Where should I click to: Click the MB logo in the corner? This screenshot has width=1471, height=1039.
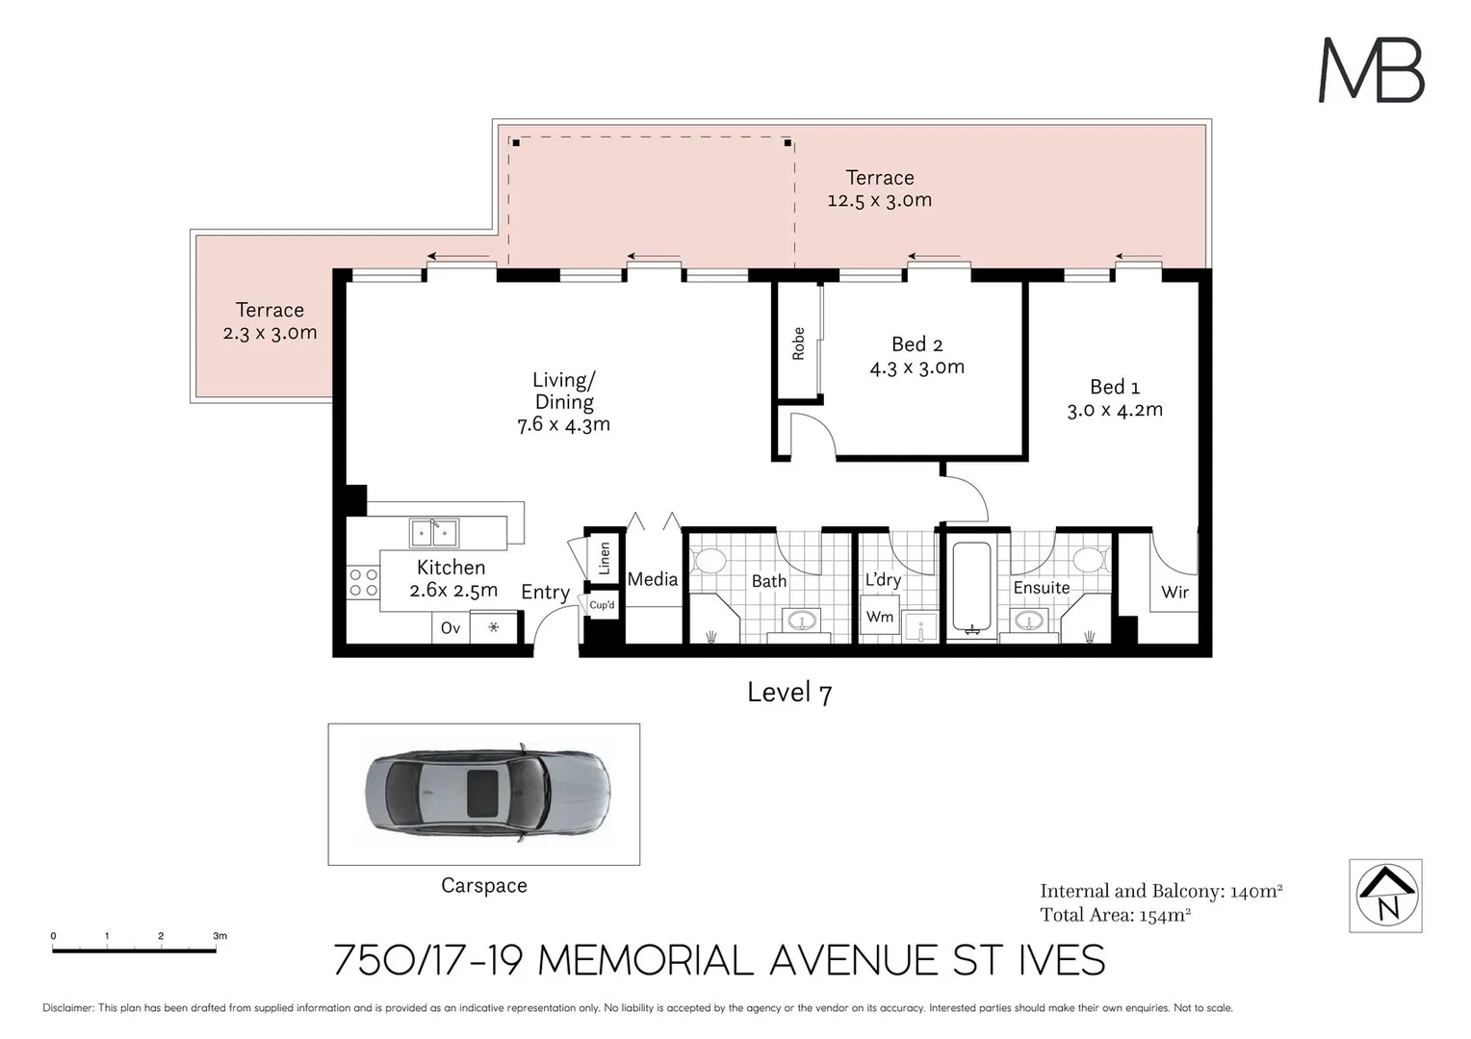pyautogui.click(x=1370, y=70)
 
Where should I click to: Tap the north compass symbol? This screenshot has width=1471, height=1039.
pyautogui.click(x=1385, y=896)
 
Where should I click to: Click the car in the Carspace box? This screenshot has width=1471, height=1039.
pyautogui.click(x=486, y=794)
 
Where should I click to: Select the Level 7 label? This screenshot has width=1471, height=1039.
pyautogui.click(x=788, y=693)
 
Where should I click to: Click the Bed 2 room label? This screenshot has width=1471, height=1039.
pyautogui.click(x=916, y=344)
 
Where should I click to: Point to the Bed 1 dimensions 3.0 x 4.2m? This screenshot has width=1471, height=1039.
pyautogui.click(x=1114, y=410)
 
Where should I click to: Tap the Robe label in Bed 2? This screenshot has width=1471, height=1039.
pyautogui.click(x=798, y=343)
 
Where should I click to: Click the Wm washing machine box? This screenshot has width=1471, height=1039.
pyautogui.click(x=879, y=617)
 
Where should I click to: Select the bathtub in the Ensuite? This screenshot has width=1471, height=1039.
pyautogui.click(x=970, y=588)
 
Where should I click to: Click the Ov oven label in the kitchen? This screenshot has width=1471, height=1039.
pyautogui.click(x=450, y=628)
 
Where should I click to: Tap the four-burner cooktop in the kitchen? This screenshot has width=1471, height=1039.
pyautogui.click(x=363, y=583)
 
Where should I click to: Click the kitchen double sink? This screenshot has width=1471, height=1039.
pyautogui.click(x=433, y=532)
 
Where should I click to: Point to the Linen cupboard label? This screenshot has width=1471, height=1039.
pyautogui.click(x=605, y=558)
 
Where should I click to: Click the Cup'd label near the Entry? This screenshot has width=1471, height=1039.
pyautogui.click(x=602, y=605)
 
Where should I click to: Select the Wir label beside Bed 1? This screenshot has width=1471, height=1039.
pyautogui.click(x=1174, y=593)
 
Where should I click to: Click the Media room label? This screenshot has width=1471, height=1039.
pyautogui.click(x=652, y=579)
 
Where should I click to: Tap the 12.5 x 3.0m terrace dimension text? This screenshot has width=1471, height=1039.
pyautogui.click(x=879, y=200)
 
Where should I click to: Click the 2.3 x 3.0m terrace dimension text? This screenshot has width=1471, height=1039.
pyautogui.click(x=270, y=333)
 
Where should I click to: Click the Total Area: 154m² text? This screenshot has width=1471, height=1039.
pyautogui.click(x=1115, y=915)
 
